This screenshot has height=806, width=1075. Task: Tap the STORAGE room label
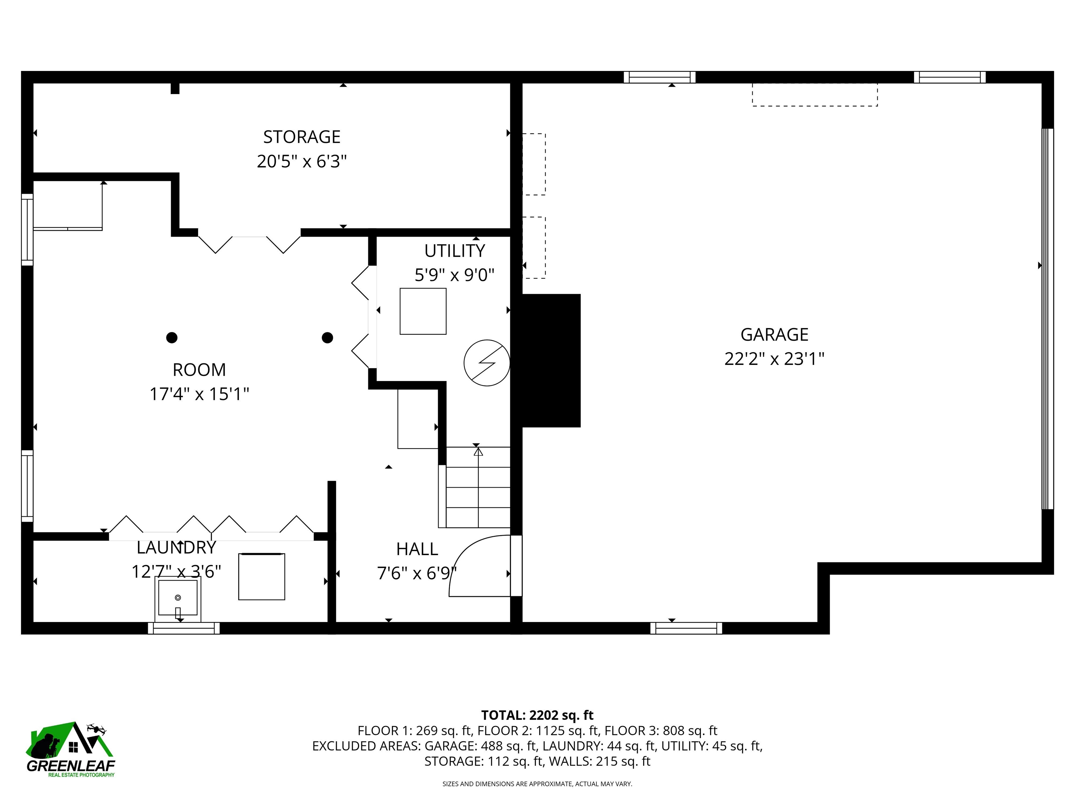tap(302, 137)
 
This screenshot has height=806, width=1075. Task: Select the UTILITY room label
tap(455, 251)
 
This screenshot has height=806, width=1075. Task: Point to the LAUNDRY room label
tap(176, 547)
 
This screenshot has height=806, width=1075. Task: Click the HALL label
tap(417, 549)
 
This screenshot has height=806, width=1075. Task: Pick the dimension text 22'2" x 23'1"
tap(774, 359)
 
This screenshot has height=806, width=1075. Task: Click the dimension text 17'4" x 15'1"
tap(199, 394)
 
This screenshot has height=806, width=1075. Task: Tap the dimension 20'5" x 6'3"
tap(302, 161)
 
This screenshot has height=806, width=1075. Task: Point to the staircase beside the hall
tap(474, 487)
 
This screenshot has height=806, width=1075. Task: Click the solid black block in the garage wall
tap(551, 360)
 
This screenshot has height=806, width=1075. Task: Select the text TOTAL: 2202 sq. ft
tap(537, 715)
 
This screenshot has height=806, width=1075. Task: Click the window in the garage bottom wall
tap(686, 628)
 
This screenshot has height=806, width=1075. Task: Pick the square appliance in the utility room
tap(423, 311)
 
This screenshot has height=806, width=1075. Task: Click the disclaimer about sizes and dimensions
tap(537, 784)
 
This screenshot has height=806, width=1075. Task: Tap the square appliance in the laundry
tap(261, 576)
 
